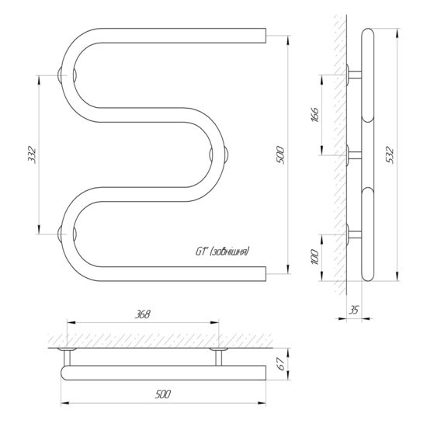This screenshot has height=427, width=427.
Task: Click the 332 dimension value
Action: pos(32,154)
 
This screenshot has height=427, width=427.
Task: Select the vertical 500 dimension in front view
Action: pos(280,155)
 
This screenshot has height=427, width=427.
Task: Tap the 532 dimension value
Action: pos(390,154)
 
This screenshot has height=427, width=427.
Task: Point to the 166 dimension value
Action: pos(314,115)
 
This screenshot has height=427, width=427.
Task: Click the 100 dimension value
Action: pos(314,256)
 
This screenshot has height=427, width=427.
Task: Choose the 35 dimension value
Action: pos(354,310)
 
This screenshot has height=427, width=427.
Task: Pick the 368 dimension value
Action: pos(142,314)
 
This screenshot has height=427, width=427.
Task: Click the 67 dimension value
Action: pos(281,364)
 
